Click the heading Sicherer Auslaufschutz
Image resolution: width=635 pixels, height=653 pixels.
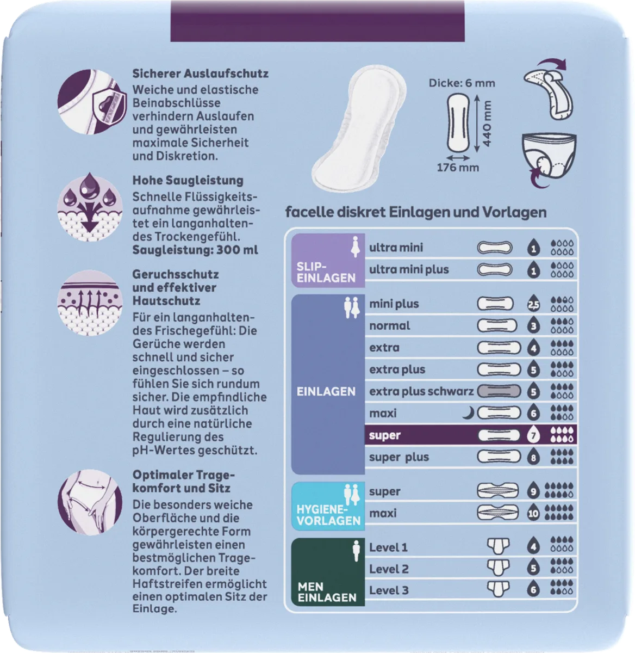[x=200, y=73]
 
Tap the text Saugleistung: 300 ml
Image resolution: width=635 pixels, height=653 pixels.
[x=195, y=250]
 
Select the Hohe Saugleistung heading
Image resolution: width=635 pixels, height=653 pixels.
[x=188, y=180]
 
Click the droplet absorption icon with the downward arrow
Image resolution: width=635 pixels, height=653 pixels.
[x=90, y=207]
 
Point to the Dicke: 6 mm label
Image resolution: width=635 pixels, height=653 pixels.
[x=462, y=83]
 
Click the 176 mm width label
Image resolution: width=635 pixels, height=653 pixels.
[x=458, y=167]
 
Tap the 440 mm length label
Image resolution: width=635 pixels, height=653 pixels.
[x=487, y=124]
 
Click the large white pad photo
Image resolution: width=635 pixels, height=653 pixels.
[x=359, y=129]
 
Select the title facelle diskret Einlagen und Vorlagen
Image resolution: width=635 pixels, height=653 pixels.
[x=416, y=212]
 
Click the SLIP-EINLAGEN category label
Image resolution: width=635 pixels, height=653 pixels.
[x=326, y=272]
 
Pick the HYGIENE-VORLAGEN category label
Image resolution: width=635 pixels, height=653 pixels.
[x=328, y=515]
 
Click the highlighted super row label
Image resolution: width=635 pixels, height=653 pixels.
[x=384, y=435]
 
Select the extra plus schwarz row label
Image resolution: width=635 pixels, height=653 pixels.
[x=421, y=391]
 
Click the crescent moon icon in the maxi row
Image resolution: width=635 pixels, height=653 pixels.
[x=469, y=412]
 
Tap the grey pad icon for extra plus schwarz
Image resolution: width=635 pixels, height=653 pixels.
[x=499, y=391]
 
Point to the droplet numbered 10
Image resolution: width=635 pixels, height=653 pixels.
[x=533, y=513]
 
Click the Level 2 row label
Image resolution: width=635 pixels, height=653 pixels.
[x=389, y=569]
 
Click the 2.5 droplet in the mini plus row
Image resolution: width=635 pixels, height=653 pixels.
[x=533, y=303]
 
